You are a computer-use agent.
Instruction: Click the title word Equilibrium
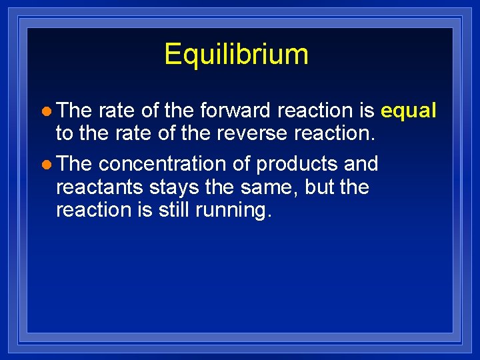236,54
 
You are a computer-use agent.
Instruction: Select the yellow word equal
408,110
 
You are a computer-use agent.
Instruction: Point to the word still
174,210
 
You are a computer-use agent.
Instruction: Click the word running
233,211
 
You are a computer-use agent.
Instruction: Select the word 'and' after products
361,163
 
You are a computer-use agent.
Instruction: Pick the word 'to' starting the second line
65,133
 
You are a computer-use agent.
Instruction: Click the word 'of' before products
240,163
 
